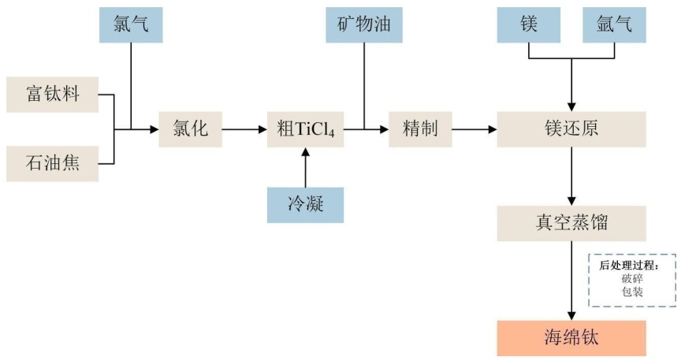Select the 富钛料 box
point(52,95)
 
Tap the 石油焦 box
point(52,164)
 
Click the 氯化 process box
point(190,128)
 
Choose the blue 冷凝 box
point(305,205)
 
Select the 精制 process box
point(420,128)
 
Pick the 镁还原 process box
point(571,128)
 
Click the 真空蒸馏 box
point(571,223)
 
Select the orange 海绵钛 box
point(571,338)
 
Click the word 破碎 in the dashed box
point(632,278)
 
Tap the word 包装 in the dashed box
point(632,292)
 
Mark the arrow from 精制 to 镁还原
point(474,128)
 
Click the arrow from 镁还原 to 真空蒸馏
point(571,176)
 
